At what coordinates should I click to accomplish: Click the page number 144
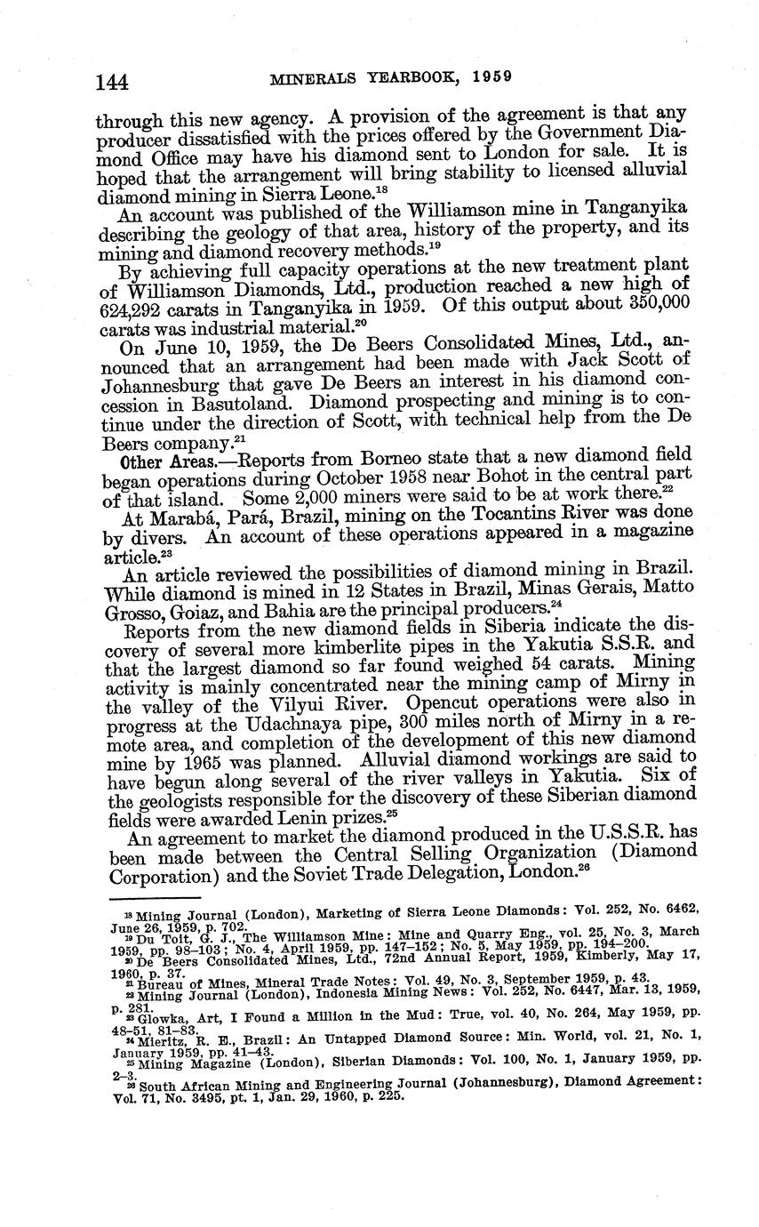click(112, 81)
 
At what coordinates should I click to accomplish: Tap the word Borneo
click(393, 460)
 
